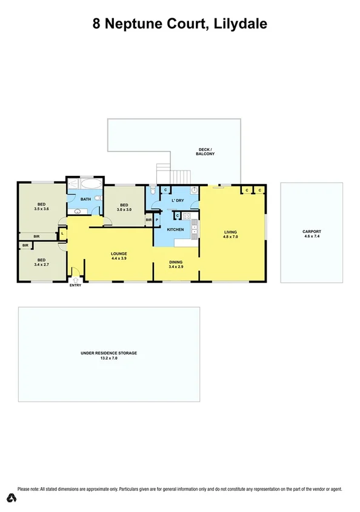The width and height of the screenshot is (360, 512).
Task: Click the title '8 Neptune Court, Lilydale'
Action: (x=179, y=24)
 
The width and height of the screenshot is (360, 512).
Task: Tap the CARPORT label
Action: (x=312, y=232)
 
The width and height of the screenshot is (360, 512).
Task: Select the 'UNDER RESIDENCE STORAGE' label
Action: (x=109, y=352)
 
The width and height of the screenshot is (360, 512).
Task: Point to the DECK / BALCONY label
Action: (x=205, y=152)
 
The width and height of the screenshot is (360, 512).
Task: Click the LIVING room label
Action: (x=231, y=232)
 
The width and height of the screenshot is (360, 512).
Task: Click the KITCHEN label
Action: (x=175, y=229)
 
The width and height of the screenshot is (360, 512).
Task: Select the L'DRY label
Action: (x=178, y=200)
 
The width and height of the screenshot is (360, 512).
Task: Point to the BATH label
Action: (x=86, y=199)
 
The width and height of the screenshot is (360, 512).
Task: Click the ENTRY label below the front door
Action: (x=75, y=286)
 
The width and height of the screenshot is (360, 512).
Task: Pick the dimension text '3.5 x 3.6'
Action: (x=42, y=209)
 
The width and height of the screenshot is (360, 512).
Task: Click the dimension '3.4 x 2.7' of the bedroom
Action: (x=41, y=265)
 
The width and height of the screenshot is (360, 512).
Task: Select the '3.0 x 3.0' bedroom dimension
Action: (x=124, y=209)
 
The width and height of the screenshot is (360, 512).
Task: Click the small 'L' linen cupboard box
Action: (x=62, y=234)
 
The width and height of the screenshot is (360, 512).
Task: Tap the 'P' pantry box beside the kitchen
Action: (x=156, y=220)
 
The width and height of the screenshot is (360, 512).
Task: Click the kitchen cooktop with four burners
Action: (x=187, y=216)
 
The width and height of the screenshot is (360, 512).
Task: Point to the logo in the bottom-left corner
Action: (x=11, y=498)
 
